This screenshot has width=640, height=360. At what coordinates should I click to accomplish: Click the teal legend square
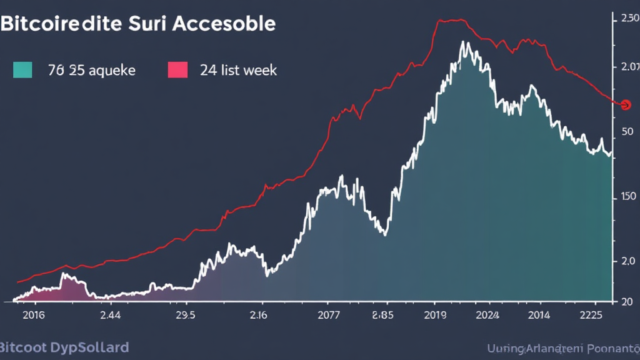[x=22, y=69]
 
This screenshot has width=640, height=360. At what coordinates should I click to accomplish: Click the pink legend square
[x=178, y=69]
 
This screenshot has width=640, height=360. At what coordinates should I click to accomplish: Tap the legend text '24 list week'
[x=238, y=70]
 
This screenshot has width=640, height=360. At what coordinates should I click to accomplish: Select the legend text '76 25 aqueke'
[x=91, y=70]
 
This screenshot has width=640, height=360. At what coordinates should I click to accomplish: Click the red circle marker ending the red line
[x=626, y=104]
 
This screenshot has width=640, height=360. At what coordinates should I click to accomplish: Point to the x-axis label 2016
[x=34, y=315]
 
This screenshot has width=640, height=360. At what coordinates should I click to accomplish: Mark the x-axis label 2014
[x=538, y=315]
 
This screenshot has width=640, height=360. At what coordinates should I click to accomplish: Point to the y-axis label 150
[x=627, y=196]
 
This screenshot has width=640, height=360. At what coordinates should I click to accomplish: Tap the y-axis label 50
[x=627, y=132]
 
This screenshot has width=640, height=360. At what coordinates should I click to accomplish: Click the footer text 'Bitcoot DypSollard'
[x=64, y=347]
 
